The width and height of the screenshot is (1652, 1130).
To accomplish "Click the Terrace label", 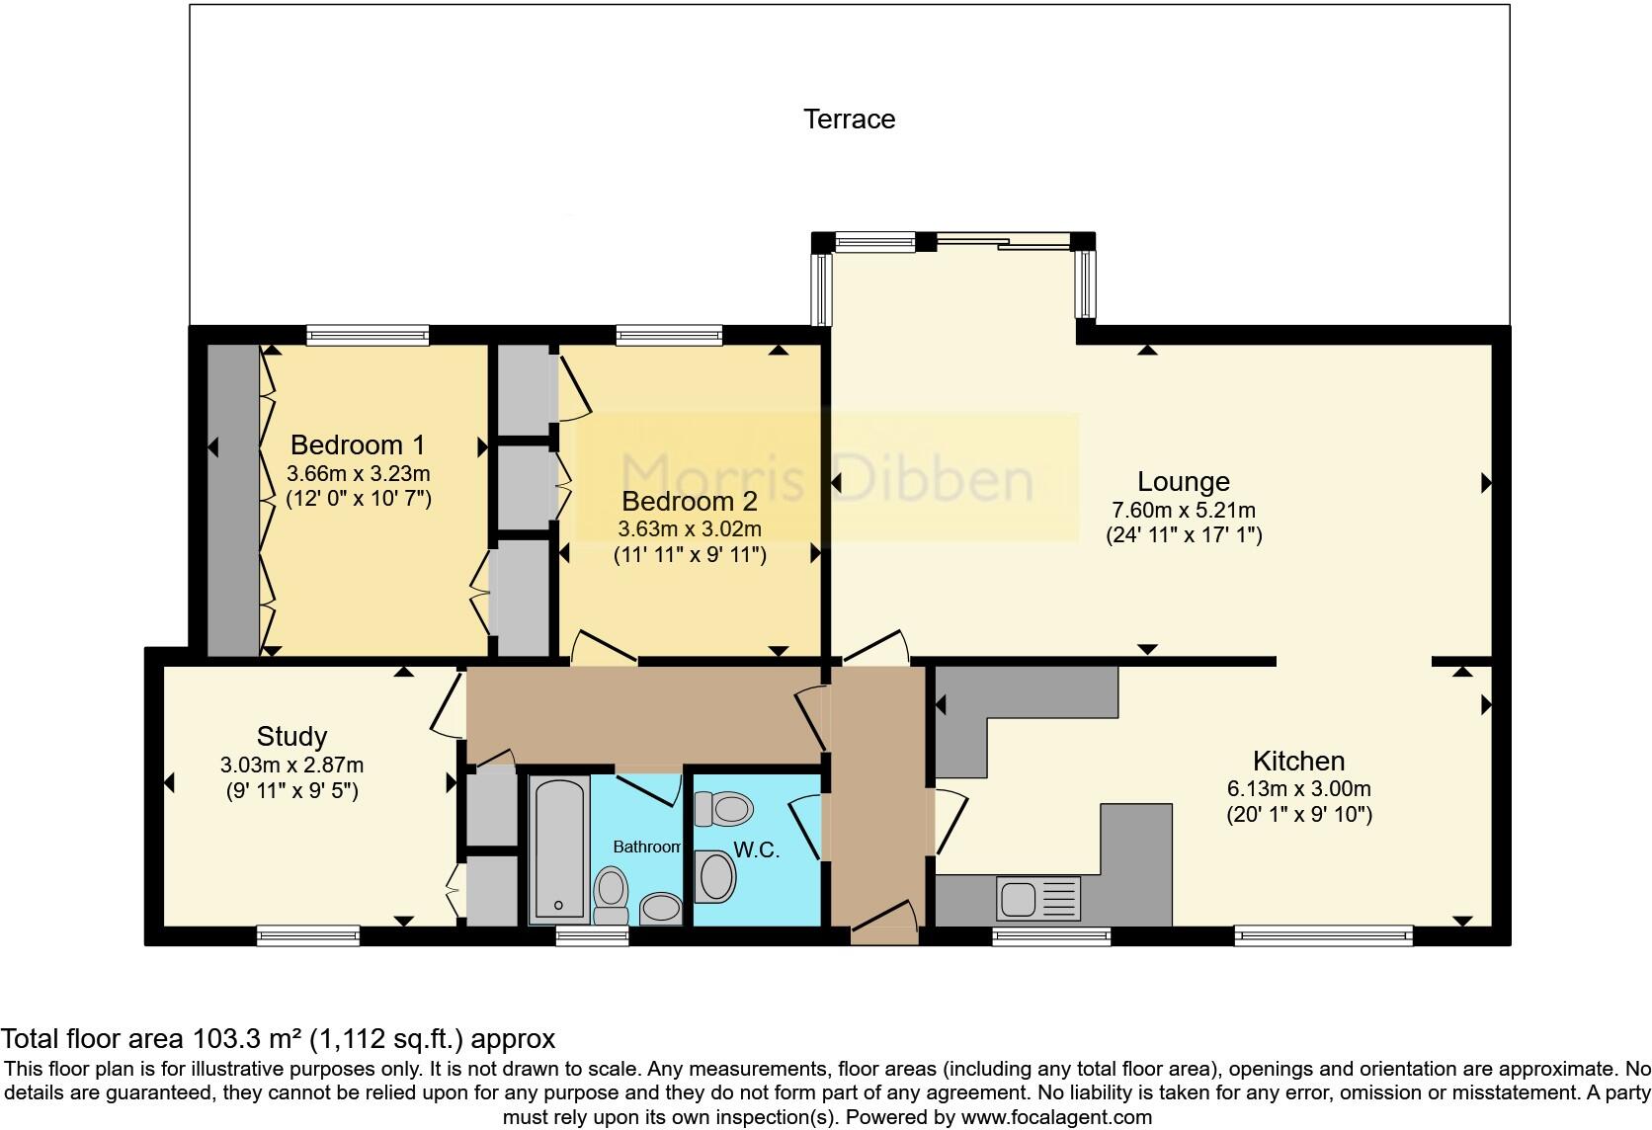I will pos(849,120).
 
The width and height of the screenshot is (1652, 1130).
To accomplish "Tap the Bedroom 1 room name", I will pos(360,444).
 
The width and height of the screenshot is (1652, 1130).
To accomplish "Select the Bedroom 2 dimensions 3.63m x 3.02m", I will pos(690,529).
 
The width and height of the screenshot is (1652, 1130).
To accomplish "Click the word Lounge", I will pos(1183,482).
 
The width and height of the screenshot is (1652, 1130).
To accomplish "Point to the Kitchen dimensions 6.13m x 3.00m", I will pos(1298,789).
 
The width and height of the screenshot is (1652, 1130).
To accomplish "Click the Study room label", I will pos(291,737).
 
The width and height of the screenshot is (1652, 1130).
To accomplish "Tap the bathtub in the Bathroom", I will pos(559,847).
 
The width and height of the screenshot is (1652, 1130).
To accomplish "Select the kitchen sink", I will pos(1018,899).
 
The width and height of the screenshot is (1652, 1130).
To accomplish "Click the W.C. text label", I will pos(757,849).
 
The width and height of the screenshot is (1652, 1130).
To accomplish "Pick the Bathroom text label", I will pos(647,847).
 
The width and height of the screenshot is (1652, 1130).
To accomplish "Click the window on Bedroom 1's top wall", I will pos(368,335).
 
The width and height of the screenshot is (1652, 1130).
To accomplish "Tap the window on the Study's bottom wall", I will pos(307,934).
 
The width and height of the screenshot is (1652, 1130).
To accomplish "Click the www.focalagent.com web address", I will pos(1056,1118).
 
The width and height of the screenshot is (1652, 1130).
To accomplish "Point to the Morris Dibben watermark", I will pos(828,478).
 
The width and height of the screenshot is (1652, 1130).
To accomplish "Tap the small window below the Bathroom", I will pos(592,934).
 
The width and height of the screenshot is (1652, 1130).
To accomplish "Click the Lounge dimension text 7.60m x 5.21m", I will pos(1183,511).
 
